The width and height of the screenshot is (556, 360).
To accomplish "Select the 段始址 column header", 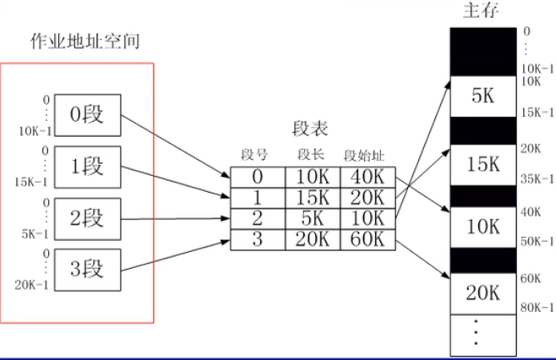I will pyautogui.click(x=364, y=155).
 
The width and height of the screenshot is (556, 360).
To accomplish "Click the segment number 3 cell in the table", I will pyautogui.click(x=257, y=238).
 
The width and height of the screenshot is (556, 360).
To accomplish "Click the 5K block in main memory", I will pyautogui.click(x=481, y=97).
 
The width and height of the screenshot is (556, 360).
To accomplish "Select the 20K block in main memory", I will pyautogui.click(x=481, y=293).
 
